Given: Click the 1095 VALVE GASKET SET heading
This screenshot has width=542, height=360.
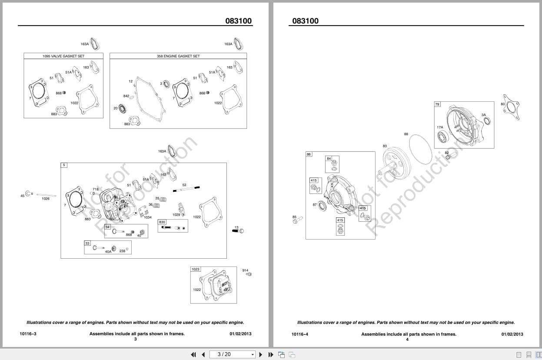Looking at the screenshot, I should point(63,56).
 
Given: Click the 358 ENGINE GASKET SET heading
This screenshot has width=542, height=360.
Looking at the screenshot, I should point(178,56).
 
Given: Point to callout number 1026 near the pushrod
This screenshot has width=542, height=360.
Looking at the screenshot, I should point(46,199).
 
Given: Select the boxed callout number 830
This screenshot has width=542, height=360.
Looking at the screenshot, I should point(162,222).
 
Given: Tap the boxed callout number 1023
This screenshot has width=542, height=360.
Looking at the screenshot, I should point(196,269).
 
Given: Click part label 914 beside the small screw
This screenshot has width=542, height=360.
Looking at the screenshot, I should point(245,270).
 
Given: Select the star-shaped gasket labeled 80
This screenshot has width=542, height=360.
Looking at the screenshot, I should point(512,107).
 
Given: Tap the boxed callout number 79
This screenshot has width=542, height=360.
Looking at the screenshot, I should point(437,104).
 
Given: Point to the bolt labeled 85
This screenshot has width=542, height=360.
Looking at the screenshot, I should point(297,221).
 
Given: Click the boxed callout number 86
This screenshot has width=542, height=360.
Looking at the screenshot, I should point(309,154).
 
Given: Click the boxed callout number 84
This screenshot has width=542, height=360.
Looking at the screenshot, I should point(329,159).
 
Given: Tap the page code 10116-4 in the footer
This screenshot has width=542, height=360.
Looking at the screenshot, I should point(299,334).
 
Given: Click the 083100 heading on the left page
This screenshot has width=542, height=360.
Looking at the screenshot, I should point(238,20).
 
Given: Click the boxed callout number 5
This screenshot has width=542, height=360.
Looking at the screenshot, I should point(64,165).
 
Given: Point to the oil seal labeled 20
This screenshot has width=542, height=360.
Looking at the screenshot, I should point(123,108).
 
